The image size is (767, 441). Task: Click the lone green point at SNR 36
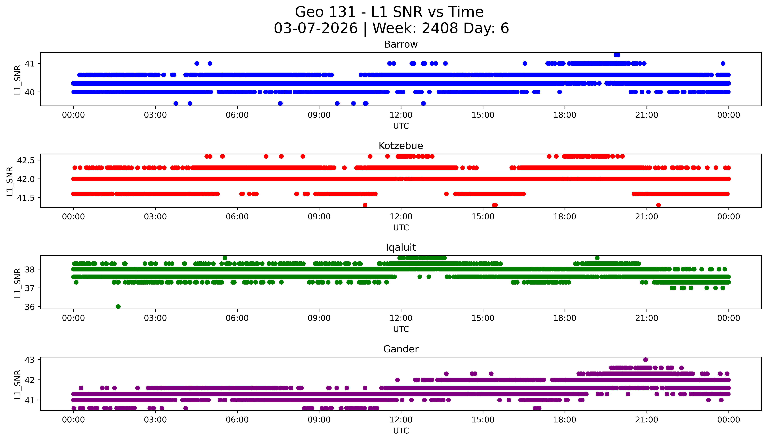point(118,307)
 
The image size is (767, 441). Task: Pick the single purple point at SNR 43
point(645,360)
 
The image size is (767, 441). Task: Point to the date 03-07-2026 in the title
point(316,28)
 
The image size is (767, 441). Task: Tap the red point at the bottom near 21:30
point(658,205)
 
